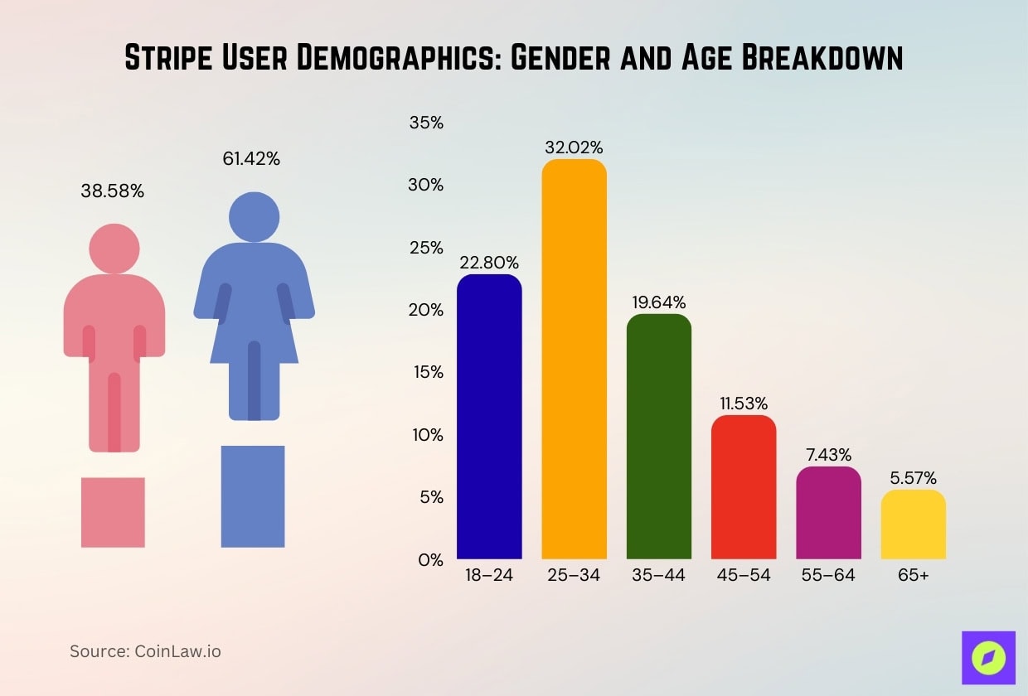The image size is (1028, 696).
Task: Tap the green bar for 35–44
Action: tap(658, 437)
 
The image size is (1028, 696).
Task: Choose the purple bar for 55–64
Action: tap(828, 513)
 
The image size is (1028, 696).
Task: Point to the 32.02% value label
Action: tap(574, 147)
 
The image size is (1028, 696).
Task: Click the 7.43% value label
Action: tap(828, 455)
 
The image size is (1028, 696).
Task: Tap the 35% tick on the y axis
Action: tap(426, 123)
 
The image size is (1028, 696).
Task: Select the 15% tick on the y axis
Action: tap(428, 372)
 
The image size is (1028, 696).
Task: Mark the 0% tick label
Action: tap(430, 559)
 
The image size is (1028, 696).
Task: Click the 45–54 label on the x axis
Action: tap(744, 575)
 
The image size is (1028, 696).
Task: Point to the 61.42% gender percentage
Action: tap(251, 159)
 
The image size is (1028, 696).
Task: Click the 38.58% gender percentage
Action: tap(113, 191)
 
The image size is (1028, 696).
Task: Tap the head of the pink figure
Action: tap(114, 249)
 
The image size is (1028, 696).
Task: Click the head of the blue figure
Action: tap(254, 218)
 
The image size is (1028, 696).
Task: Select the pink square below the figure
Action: tap(113, 512)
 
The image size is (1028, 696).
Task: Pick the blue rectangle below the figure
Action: tap(253, 496)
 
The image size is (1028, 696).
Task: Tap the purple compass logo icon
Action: tap(988, 658)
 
